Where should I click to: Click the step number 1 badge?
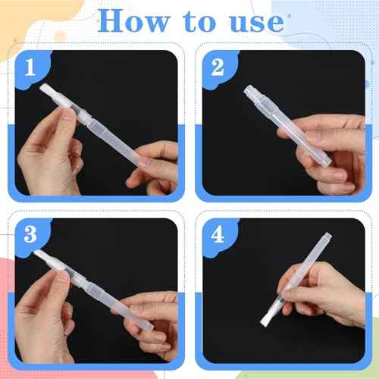point(30,69)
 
